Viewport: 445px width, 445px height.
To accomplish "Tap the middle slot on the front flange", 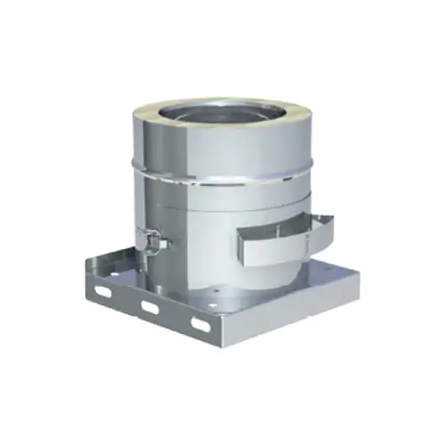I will tap(149, 307).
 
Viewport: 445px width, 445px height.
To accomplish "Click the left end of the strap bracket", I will tap(243, 249).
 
